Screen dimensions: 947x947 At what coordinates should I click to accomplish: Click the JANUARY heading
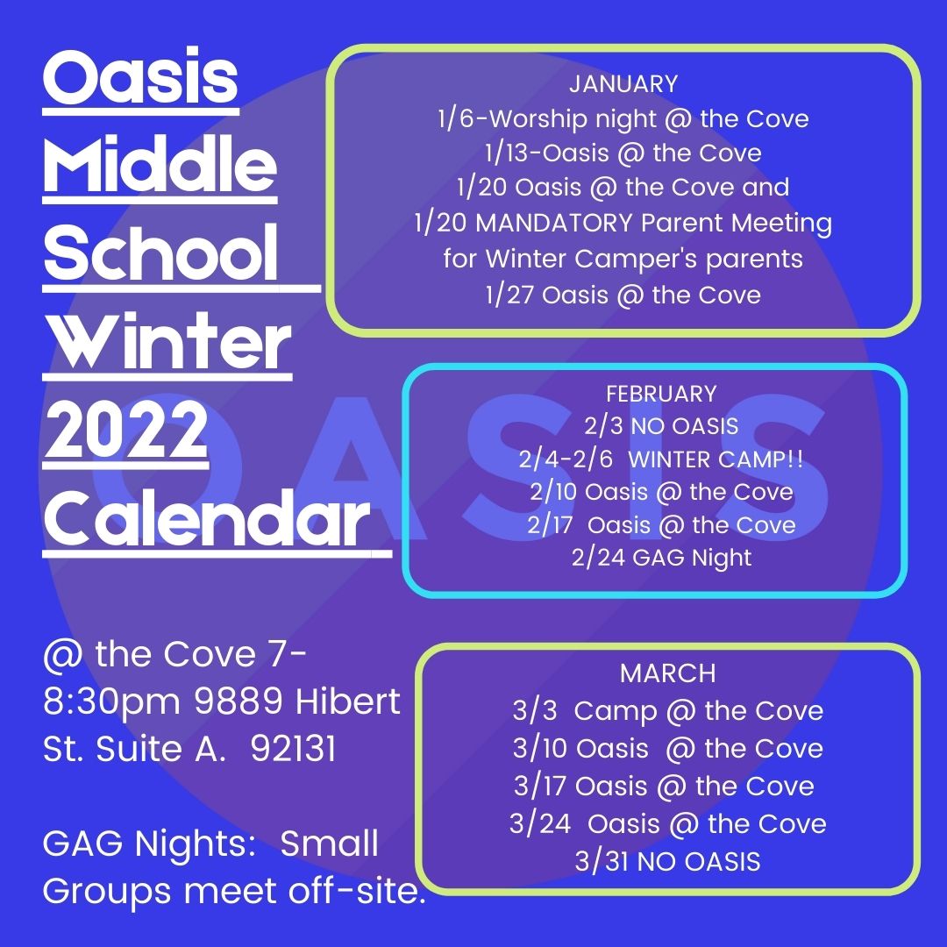coord(623,84)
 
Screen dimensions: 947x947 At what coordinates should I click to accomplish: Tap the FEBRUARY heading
coord(661,395)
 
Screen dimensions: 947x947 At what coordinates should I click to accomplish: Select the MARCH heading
coord(667,673)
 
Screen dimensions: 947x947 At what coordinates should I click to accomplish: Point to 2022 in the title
coord(126,430)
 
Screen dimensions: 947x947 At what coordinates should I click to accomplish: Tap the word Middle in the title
coord(160,164)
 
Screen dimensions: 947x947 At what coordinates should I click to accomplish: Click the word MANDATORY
coord(554,223)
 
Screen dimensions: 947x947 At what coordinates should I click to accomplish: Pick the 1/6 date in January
coord(456,118)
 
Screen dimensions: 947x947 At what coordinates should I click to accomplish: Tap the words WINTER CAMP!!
coord(716,459)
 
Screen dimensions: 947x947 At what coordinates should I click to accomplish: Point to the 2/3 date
coord(604,426)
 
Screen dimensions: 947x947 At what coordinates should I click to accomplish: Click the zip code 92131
coord(293,749)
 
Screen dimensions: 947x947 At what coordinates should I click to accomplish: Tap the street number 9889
coord(239,701)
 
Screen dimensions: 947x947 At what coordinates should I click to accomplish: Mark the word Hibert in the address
coord(348,701)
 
